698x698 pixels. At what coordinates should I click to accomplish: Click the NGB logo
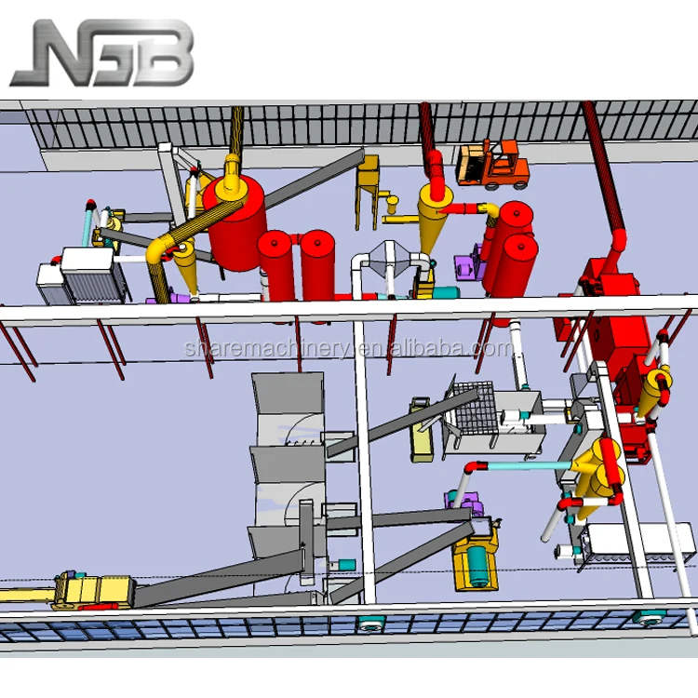click(x=102, y=52)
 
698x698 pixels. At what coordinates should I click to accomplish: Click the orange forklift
click(x=492, y=164)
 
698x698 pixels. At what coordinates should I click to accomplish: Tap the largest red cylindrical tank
click(x=235, y=222)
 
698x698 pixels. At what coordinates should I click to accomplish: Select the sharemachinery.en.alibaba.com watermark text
click(x=349, y=348)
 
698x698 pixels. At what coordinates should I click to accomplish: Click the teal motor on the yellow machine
click(x=477, y=566)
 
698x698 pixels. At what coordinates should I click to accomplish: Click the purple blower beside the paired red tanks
click(x=468, y=267)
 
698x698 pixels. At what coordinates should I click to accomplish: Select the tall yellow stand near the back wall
click(x=368, y=192)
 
